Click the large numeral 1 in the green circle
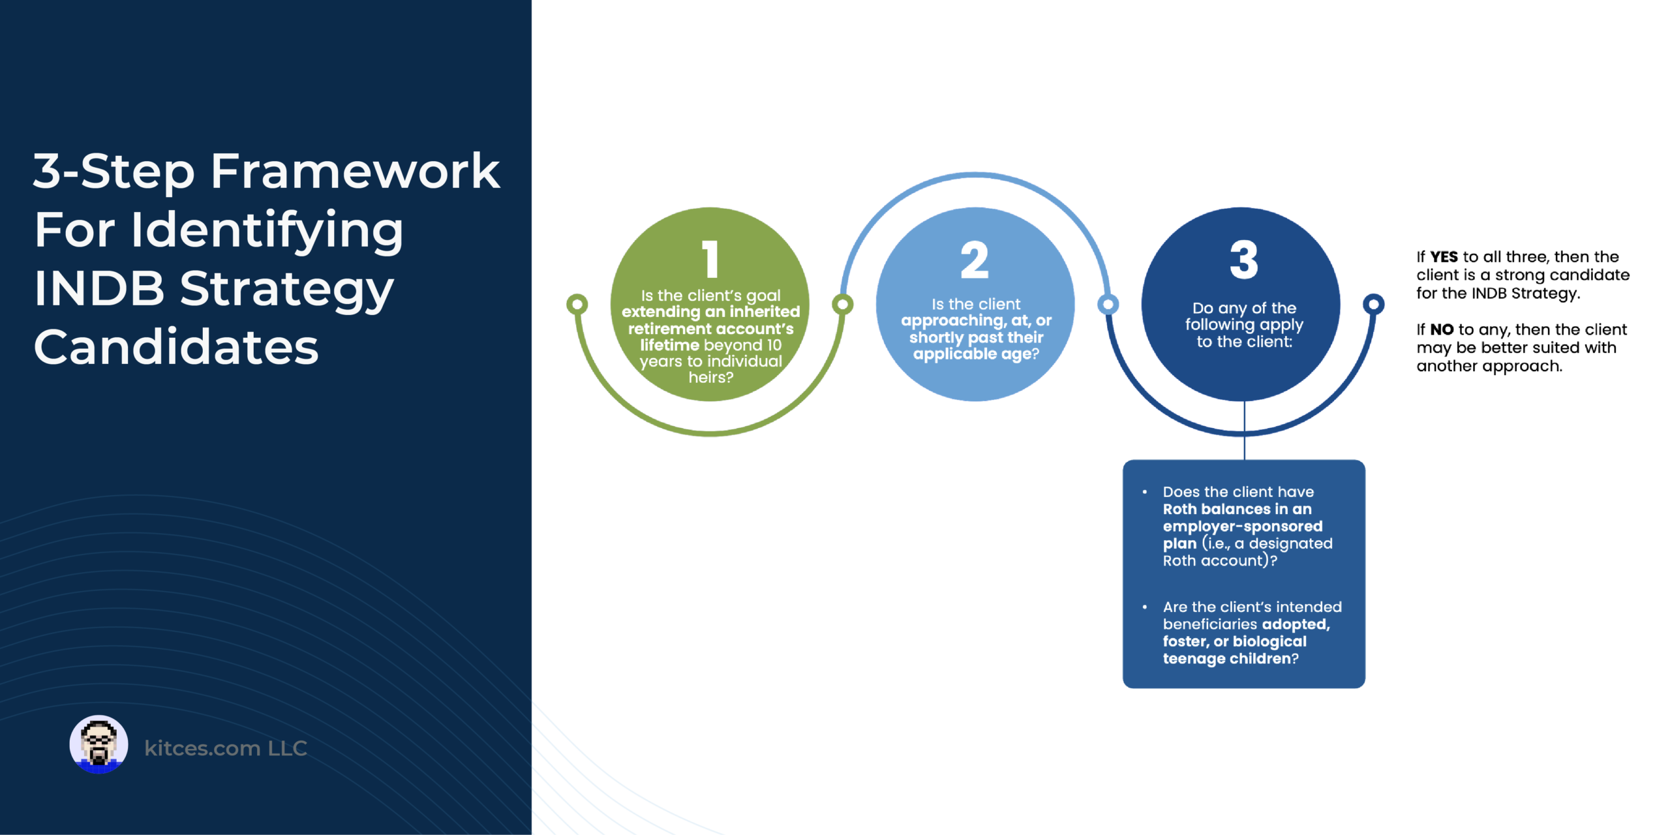(710, 259)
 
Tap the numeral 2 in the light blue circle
(975, 260)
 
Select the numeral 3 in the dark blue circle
(1244, 260)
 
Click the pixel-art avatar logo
(99, 744)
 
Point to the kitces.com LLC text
(226, 748)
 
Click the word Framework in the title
(356, 171)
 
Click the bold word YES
(1444, 257)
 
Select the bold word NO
(1442, 329)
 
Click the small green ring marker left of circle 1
(577, 304)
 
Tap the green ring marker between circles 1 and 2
(842, 304)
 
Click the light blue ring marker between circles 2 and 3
(1108, 304)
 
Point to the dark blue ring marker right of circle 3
(1373, 304)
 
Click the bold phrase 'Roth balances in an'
(1237, 509)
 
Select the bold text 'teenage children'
(1226, 659)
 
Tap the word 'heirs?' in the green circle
(710, 377)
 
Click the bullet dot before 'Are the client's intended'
(1144, 607)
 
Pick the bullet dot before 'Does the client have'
(1144, 492)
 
